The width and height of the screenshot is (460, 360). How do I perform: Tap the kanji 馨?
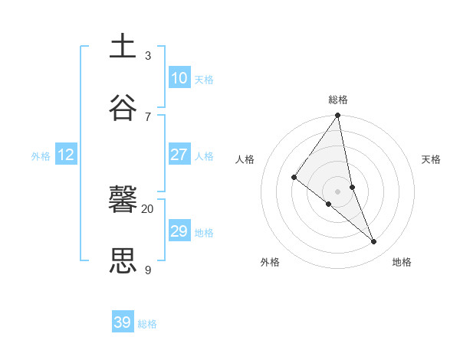coord(123,201)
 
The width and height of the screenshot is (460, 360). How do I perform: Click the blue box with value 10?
coord(179,78)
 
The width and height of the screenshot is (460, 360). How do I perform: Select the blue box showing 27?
coord(179,155)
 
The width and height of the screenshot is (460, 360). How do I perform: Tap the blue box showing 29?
coord(179,231)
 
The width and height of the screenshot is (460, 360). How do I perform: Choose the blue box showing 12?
coord(66,155)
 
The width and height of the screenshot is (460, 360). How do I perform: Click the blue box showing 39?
coord(123,322)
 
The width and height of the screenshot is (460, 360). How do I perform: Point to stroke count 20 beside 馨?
coord(147,208)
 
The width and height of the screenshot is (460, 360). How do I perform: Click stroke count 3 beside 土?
coord(147,55)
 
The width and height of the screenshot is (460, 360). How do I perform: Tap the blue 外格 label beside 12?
coord(41,156)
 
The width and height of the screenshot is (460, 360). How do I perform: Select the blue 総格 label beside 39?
coord(147,324)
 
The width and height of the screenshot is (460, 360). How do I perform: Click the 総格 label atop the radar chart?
coord(338,100)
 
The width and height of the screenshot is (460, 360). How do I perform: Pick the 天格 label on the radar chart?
coord(431,159)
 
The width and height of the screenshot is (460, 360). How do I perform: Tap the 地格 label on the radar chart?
coord(402,262)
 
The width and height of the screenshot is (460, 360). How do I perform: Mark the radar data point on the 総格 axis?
coord(338,116)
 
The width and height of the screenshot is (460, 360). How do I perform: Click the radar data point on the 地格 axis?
coord(374,242)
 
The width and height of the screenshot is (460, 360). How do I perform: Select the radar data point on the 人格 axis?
coord(294,178)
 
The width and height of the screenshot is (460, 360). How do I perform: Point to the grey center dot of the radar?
coord(338,191)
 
